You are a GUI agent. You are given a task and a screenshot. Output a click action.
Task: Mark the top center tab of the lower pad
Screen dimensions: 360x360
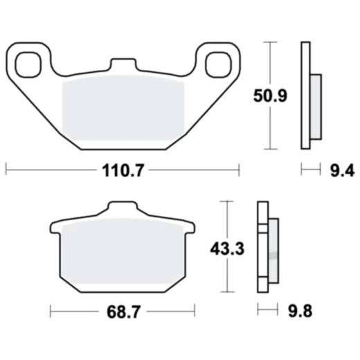pos(123,208)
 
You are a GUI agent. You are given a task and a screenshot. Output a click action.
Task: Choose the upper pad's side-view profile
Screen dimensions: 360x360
pos(305,95)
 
